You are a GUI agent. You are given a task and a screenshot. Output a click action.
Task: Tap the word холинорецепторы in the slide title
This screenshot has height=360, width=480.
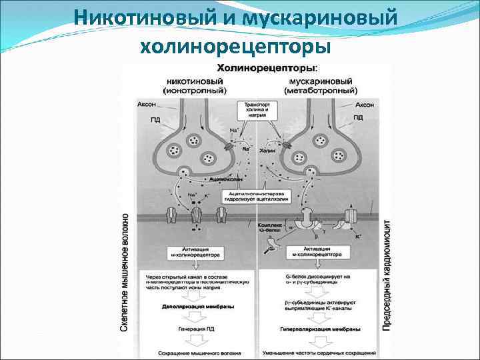point(236,46)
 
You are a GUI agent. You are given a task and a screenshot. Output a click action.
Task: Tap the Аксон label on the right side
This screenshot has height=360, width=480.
point(364,105)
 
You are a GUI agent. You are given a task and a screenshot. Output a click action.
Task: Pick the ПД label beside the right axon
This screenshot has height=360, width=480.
point(358,117)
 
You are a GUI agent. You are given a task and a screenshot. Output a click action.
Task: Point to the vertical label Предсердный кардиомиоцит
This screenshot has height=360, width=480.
point(387,273)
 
